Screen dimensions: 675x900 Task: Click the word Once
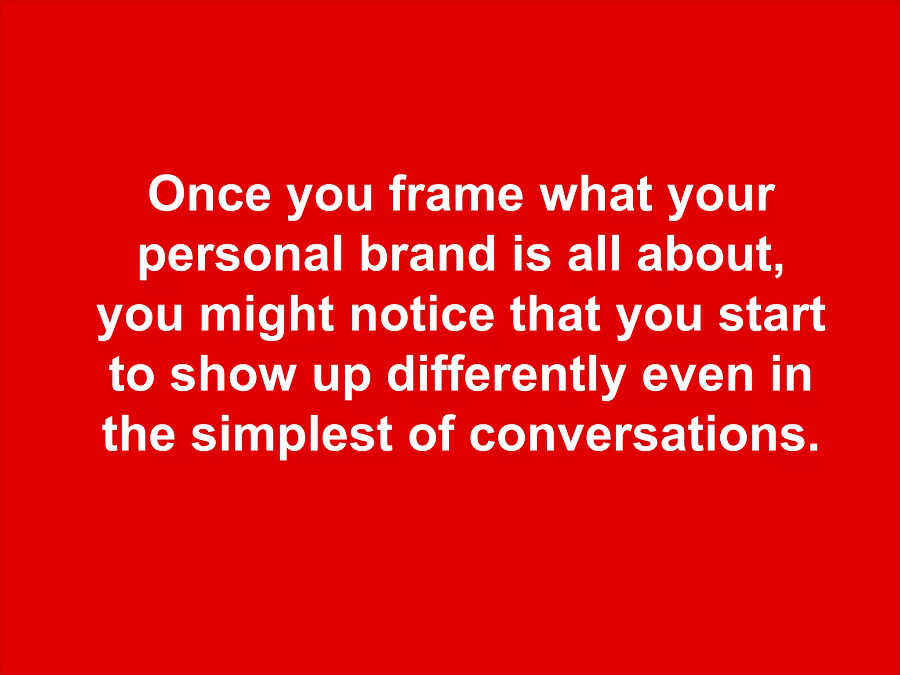(x=210, y=194)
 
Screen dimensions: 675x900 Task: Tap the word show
(x=233, y=374)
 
